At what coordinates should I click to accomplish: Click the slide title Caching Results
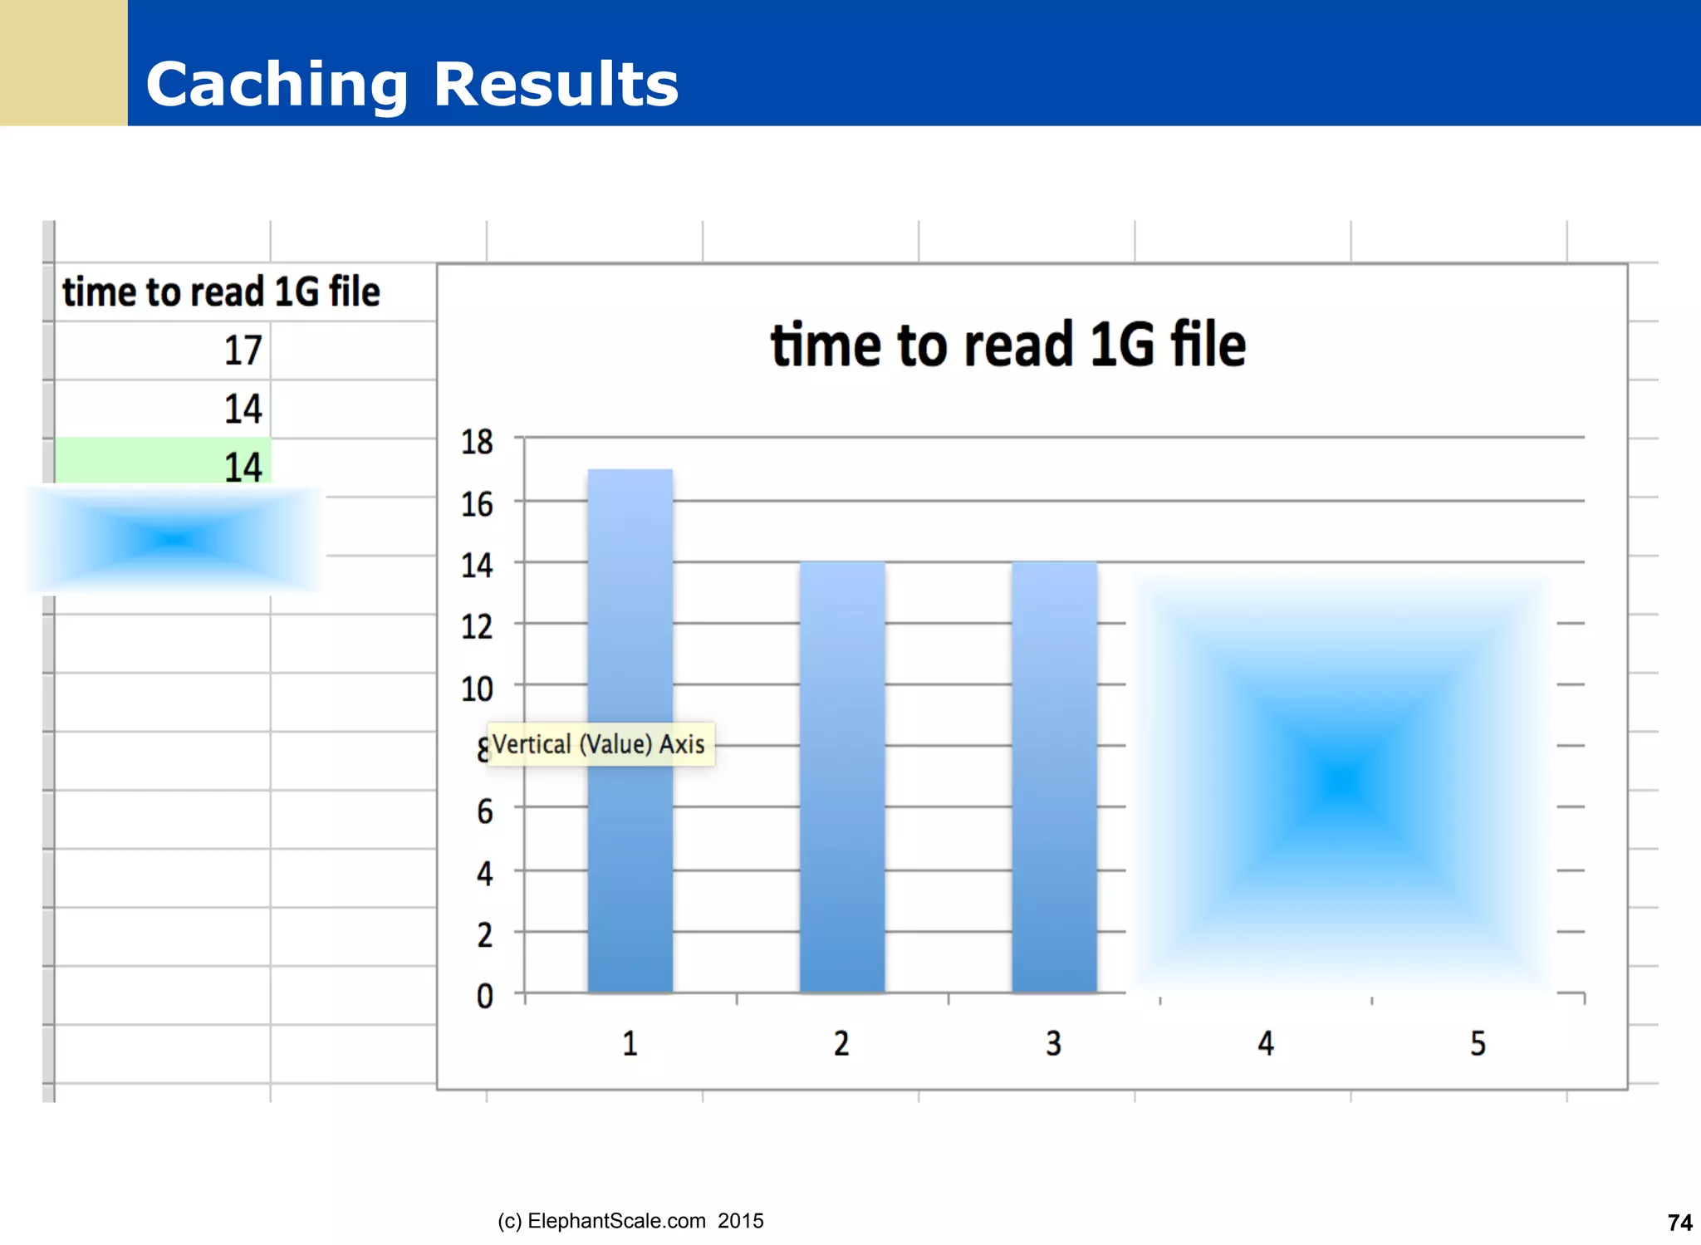pyautogui.click(x=412, y=84)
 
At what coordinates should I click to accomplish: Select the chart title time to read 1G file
pyautogui.click(x=1007, y=345)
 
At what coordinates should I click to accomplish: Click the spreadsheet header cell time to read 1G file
pyautogui.click(x=221, y=292)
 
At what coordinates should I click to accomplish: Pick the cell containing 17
pyautogui.click(x=243, y=350)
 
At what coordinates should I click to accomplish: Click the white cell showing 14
pyautogui.click(x=243, y=409)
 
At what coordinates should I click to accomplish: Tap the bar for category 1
pyautogui.click(x=630, y=731)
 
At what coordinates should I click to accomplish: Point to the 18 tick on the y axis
pyautogui.click(x=477, y=442)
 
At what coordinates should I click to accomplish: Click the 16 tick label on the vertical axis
pyautogui.click(x=477, y=504)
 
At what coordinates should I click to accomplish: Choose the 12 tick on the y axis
pyautogui.click(x=477, y=627)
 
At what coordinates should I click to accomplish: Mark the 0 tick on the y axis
pyautogui.click(x=484, y=996)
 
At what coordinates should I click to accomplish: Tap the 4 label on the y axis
pyautogui.click(x=484, y=874)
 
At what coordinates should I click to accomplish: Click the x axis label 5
pyautogui.click(x=1478, y=1044)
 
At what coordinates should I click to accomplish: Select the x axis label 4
pyautogui.click(x=1265, y=1044)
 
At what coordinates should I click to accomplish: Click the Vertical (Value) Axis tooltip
pyautogui.click(x=599, y=744)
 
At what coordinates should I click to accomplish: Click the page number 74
pyautogui.click(x=1679, y=1223)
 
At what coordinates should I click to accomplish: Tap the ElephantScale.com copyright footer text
pyautogui.click(x=630, y=1221)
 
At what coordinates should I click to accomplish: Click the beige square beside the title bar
pyautogui.click(x=63, y=62)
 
